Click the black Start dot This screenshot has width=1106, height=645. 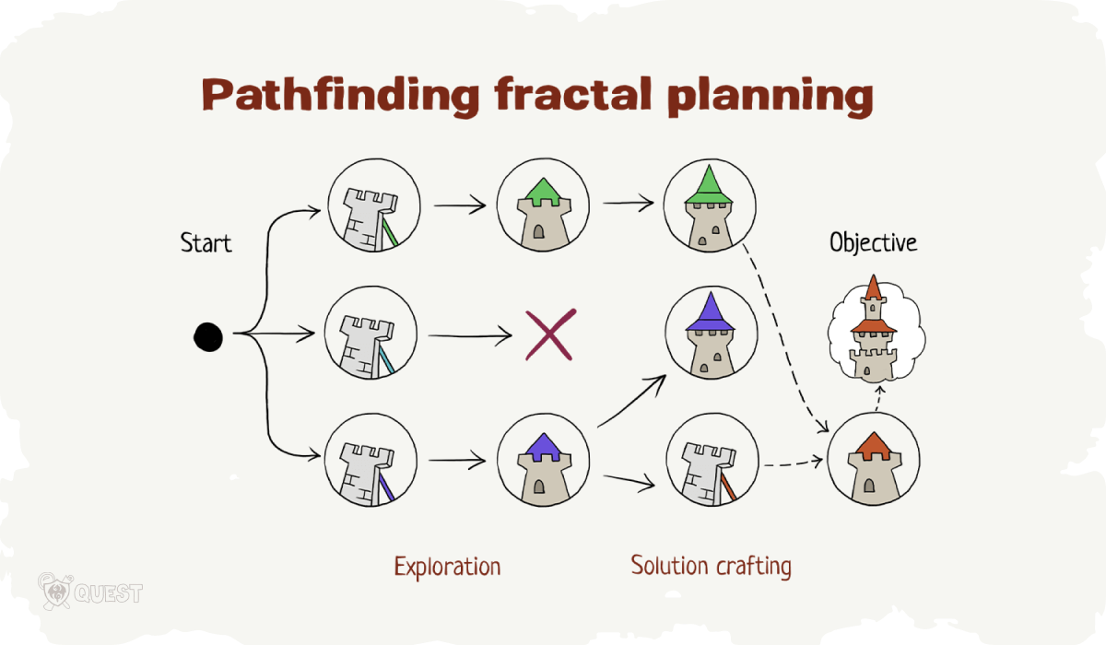(x=208, y=337)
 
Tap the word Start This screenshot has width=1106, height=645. (x=206, y=244)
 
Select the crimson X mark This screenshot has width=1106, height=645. (x=549, y=334)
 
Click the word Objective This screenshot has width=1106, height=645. (x=873, y=243)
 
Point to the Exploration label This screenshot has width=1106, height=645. (x=447, y=566)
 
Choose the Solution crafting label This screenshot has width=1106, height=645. (x=711, y=565)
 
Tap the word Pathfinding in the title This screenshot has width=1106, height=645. (x=340, y=95)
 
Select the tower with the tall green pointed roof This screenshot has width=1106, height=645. (x=710, y=207)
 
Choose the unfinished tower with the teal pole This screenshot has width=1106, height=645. (x=372, y=333)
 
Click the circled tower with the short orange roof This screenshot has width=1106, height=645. (x=872, y=461)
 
